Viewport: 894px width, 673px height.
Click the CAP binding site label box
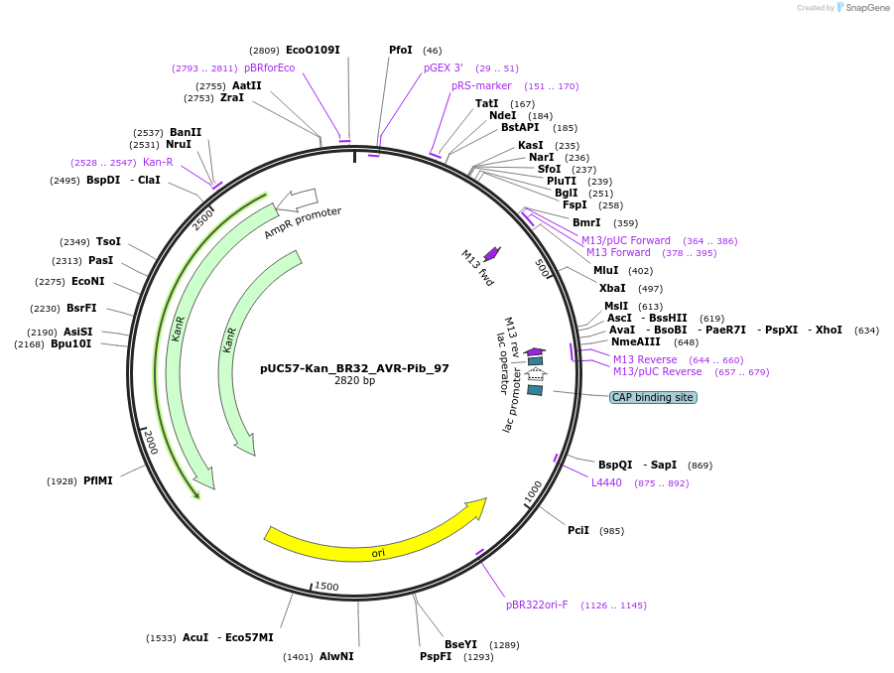pyautogui.click(x=653, y=397)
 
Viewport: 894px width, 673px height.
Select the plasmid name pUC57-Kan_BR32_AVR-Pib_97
pyautogui.click(x=354, y=367)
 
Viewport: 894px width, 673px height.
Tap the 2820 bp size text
pyautogui.click(x=354, y=380)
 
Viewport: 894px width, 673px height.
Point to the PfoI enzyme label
pyautogui.click(x=401, y=50)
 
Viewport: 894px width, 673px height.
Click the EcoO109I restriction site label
pyautogui.click(x=313, y=50)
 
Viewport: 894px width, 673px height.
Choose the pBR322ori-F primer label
pyautogui.click(x=537, y=605)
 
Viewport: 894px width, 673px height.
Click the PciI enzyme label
pyautogui.click(x=578, y=530)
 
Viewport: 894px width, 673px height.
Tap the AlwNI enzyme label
pyautogui.click(x=336, y=656)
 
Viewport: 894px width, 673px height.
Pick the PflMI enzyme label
pyautogui.click(x=98, y=480)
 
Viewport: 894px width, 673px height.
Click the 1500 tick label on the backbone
pyautogui.click(x=326, y=587)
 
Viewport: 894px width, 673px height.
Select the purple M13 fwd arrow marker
pyautogui.click(x=491, y=254)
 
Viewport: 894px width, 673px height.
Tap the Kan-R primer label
pyautogui.click(x=158, y=162)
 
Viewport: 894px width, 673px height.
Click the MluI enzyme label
pyautogui.click(x=605, y=270)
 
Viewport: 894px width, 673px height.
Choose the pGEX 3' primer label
pyautogui.click(x=444, y=67)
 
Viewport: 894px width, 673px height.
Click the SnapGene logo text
pyautogui.click(x=865, y=8)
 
